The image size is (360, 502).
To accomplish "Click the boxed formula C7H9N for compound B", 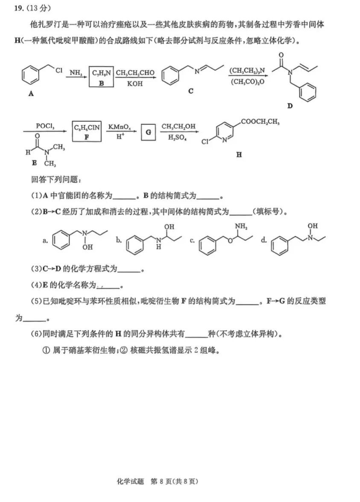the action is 101,74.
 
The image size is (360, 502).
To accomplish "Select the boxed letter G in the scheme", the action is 148,132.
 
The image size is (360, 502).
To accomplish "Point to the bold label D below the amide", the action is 290,106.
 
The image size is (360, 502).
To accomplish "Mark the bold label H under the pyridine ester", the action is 239,155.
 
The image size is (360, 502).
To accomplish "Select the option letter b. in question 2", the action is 119,241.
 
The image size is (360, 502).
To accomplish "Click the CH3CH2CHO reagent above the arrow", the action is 135,73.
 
